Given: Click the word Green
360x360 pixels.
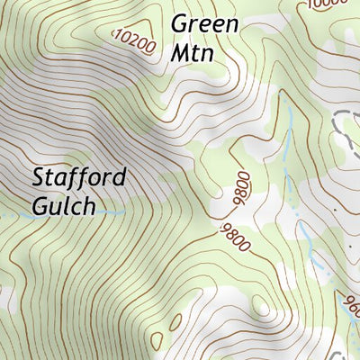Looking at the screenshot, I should (x=204, y=22).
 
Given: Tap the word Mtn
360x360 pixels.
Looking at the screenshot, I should (x=193, y=52).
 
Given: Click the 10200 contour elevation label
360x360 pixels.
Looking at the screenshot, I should (x=135, y=40).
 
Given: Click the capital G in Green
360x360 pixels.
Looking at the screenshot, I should (x=179, y=22).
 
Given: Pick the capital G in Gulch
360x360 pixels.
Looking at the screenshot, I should (x=40, y=206).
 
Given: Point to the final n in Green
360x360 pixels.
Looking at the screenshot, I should (x=231, y=24).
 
